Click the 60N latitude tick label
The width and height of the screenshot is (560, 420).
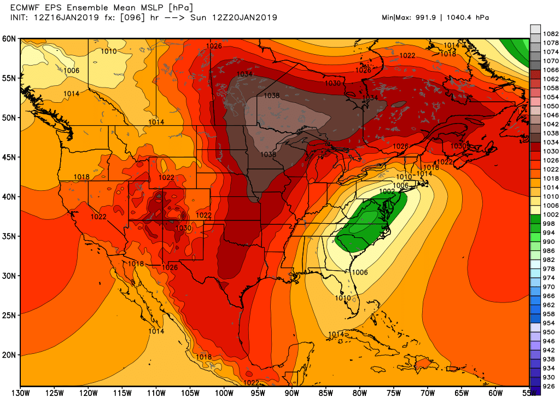pos(9,39)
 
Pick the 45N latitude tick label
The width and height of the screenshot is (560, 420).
pos(9,157)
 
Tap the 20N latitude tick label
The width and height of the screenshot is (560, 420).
pos(9,355)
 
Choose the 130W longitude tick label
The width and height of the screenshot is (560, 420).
pos(21,393)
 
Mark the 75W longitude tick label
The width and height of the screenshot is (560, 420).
pos(394,393)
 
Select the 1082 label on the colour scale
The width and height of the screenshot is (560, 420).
pos(550,34)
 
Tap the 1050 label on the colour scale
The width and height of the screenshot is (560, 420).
pos(550,106)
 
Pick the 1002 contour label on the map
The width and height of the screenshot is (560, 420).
pos(387,191)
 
